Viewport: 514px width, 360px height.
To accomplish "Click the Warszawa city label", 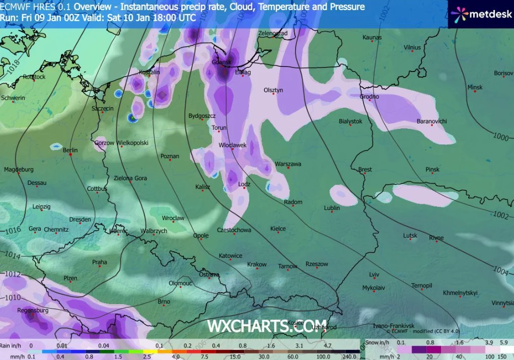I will click(288, 164).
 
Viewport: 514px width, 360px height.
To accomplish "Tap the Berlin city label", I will click(70, 150).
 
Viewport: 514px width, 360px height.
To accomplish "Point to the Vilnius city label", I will click(412, 47).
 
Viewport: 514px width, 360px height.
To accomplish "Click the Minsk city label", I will click(475, 87).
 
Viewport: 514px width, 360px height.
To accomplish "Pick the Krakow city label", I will click(257, 264).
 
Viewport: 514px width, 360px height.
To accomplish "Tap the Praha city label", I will click(99, 262).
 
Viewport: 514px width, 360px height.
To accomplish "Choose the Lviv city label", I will click(374, 274).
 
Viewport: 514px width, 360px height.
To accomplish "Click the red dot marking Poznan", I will click(170, 162).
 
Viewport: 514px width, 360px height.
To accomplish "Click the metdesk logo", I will click(481, 14).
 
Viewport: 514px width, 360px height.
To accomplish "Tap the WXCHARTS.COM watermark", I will click(267, 326).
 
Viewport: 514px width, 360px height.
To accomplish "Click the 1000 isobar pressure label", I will click(500, 137).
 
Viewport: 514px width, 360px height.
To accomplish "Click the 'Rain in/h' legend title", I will click(12, 346).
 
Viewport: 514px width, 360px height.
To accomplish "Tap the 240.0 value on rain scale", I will click(351, 356).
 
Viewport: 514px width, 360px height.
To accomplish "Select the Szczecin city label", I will click(102, 108).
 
